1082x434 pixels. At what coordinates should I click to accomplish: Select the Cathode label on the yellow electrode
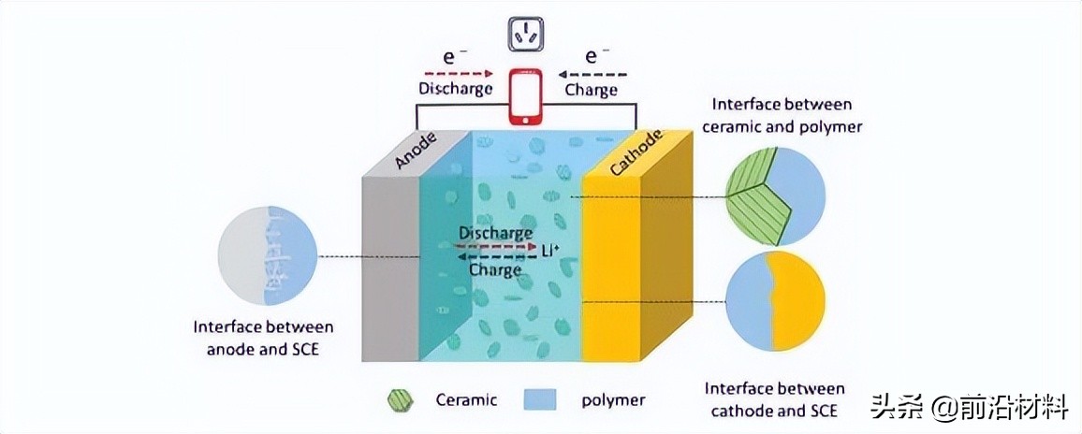click(x=636, y=152)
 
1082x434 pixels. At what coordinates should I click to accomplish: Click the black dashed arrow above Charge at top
click(x=593, y=72)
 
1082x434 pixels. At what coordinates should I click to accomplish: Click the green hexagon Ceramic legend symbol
click(x=400, y=400)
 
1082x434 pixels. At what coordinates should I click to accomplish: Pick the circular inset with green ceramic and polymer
click(x=776, y=196)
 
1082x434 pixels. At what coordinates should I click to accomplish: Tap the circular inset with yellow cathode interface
click(x=776, y=301)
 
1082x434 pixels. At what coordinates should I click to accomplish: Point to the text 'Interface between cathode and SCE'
click(x=774, y=398)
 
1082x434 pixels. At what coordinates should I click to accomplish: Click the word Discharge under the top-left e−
click(x=455, y=90)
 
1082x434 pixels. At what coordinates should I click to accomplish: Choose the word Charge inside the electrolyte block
click(x=495, y=270)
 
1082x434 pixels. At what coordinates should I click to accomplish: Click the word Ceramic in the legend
click(x=465, y=400)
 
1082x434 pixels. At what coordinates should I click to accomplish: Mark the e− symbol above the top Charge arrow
click(x=593, y=54)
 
